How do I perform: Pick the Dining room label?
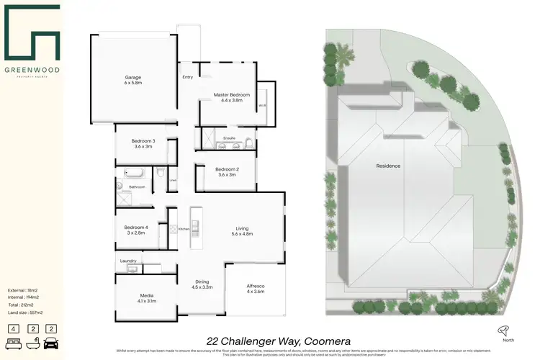tap(202, 284)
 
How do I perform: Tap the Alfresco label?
tap(256, 287)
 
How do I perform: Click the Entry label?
tap(187, 77)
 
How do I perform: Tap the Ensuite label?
tap(230, 137)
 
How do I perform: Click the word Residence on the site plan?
tap(388, 166)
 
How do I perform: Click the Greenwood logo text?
tap(35, 71)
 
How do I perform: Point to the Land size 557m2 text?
tap(25, 312)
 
